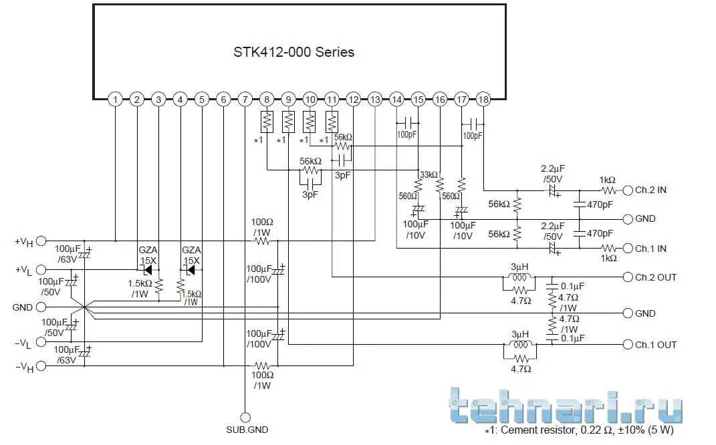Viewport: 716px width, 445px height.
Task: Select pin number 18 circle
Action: (483, 100)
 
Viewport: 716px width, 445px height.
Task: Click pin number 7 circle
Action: (245, 100)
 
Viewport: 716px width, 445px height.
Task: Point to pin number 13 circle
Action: (375, 100)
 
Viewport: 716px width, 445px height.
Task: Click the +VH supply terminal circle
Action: (41, 240)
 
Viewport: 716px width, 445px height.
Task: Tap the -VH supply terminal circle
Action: (41, 366)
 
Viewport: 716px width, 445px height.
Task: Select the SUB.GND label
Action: (247, 430)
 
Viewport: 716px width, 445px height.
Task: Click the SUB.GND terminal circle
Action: (245, 416)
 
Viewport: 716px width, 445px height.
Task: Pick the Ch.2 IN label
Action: (651, 190)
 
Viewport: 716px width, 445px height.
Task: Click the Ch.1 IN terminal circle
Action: (627, 249)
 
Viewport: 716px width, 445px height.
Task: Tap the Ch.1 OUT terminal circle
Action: (627, 345)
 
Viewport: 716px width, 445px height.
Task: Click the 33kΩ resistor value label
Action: (428, 175)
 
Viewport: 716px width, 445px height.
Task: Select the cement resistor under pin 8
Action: (267, 122)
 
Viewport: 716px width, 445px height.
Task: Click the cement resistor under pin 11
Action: (332, 122)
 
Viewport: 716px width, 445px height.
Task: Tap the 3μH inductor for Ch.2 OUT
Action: (520, 277)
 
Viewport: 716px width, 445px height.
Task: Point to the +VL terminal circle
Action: (41, 270)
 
